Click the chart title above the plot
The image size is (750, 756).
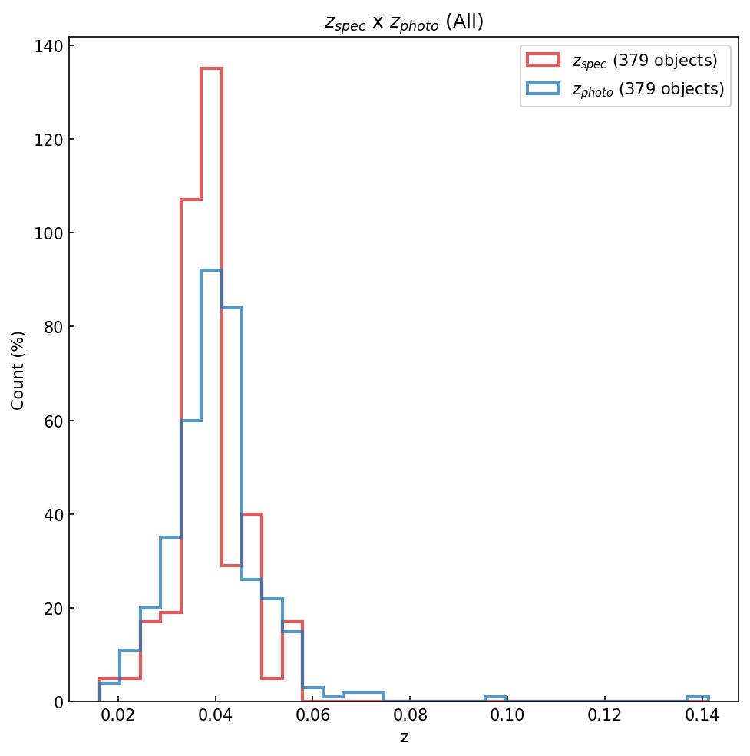tap(404, 22)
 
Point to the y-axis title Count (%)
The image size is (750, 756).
tap(18, 370)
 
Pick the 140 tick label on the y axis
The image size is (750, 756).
tap(49, 46)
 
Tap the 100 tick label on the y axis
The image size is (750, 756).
tap(49, 233)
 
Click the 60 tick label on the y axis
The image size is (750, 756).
tap(54, 421)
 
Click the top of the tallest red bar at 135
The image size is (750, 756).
tap(211, 68)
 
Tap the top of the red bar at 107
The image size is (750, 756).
tap(191, 200)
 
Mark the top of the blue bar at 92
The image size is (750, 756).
tap(211, 270)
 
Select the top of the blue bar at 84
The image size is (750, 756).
tap(232, 308)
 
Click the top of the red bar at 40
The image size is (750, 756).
tap(252, 514)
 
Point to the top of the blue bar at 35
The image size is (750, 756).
tap(170, 537)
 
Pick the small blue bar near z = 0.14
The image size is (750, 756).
tap(698, 698)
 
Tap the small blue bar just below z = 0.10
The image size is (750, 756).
tap(495, 698)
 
